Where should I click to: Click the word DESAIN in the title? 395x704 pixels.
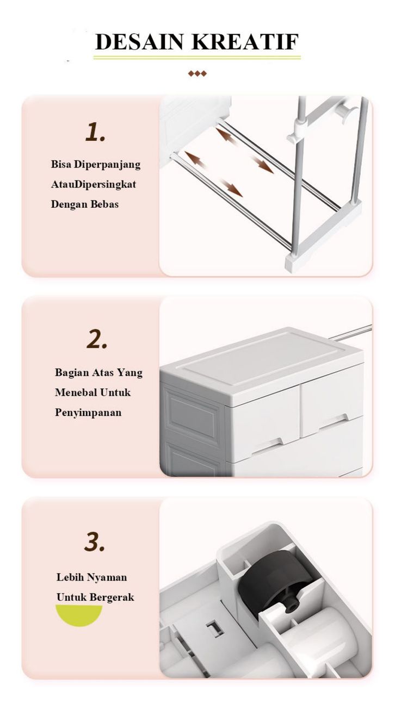(139, 41)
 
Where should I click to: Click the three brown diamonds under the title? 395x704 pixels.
(197, 73)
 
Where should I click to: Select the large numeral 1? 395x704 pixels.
(95, 132)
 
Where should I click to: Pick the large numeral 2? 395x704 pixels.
(97, 340)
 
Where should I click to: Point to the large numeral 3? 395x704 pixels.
(94, 542)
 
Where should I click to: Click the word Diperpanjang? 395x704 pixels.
(107, 165)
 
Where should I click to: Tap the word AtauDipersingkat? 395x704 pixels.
(94, 184)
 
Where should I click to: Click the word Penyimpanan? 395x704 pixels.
(88, 413)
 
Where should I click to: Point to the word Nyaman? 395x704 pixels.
(107, 577)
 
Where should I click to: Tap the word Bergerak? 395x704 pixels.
(112, 597)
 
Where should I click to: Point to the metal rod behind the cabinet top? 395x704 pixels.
(350, 332)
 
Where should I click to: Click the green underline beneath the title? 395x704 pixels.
(197, 58)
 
